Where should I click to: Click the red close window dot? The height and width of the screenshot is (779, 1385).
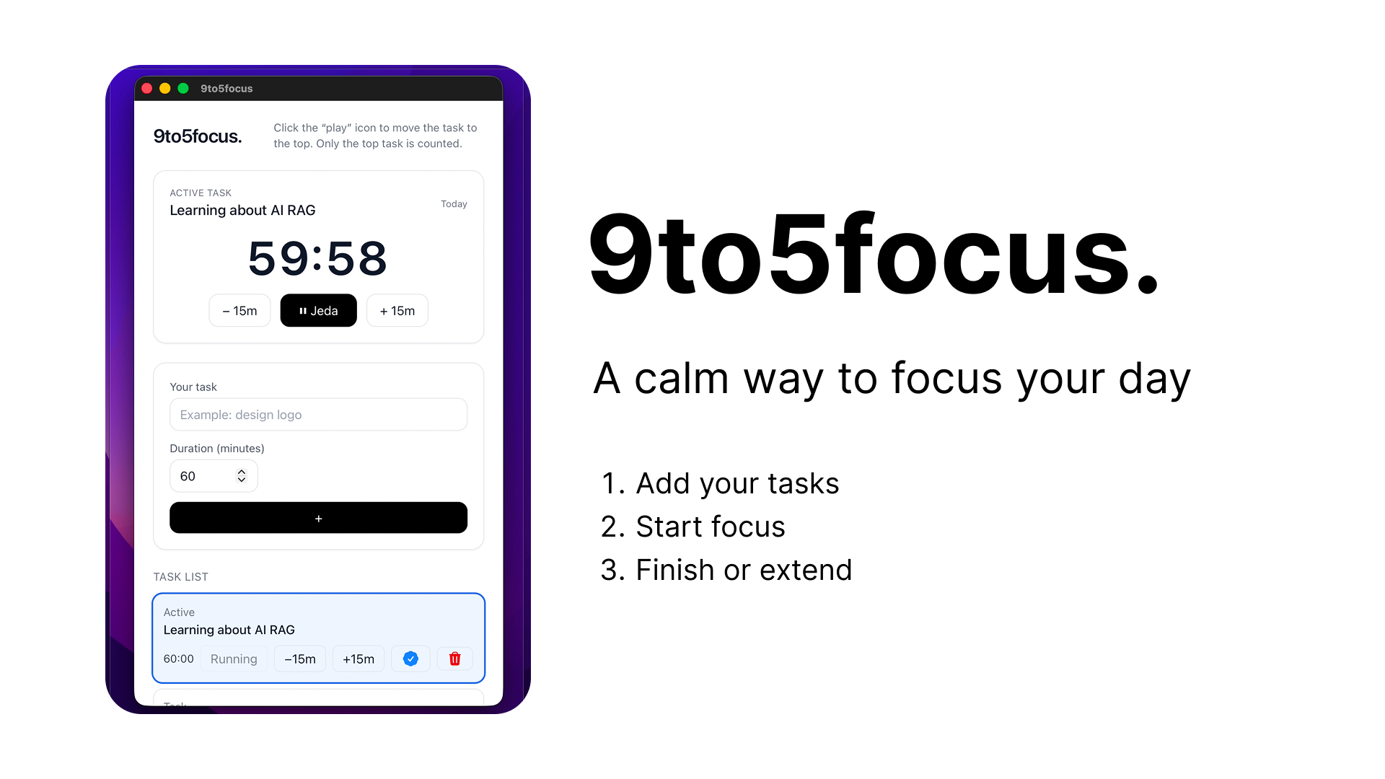pos(147,88)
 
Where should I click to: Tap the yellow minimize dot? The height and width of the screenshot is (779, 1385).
pos(165,88)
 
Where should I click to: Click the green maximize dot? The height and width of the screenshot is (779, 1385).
pos(183,88)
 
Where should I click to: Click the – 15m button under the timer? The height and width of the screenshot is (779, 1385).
pos(239,311)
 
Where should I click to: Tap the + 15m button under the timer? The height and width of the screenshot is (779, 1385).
pos(397,311)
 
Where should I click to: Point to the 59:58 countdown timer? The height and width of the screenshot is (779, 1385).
pos(317,258)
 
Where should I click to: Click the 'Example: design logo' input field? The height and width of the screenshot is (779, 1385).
pos(318,415)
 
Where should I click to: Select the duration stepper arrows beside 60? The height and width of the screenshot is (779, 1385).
pos(242,476)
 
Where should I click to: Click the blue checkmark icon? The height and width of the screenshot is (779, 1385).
pos(410,659)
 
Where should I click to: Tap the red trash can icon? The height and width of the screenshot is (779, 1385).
pos(455,659)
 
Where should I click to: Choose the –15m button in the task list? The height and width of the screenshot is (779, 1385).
pos(300,659)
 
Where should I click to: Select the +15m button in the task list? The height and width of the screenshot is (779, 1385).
pos(359,659)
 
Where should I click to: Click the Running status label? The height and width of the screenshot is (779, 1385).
pos(234,659)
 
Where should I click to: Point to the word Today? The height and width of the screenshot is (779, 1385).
pos(454,204)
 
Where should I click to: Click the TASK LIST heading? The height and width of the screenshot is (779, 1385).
pos(180,577)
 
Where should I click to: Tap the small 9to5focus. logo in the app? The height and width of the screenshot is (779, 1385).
pos(198,136)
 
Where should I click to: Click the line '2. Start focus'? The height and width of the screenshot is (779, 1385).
pos(692,527)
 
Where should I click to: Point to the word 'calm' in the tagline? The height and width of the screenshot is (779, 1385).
pos(681,378)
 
